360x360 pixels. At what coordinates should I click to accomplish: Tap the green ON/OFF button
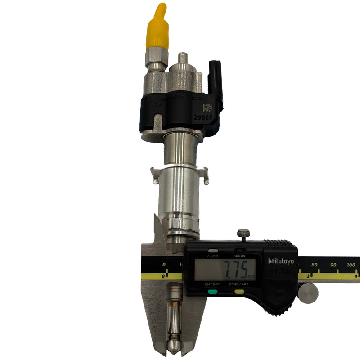tap(213, 292)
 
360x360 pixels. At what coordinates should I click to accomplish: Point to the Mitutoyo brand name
tap(281, 261)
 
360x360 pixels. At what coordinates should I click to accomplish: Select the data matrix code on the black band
tap(207, 108)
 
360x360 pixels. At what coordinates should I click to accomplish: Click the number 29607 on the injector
tap(203, 118)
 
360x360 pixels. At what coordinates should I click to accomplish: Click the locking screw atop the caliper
tap(243, 235)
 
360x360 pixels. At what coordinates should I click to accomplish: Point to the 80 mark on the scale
tap(314, 265)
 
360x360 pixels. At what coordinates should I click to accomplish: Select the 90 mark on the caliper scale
tap(333, 265)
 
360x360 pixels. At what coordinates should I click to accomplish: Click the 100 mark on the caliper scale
tap(352, 265)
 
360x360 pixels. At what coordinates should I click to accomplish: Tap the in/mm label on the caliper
tap(212, 256)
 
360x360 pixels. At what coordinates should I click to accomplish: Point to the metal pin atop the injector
tap(183, 58)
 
